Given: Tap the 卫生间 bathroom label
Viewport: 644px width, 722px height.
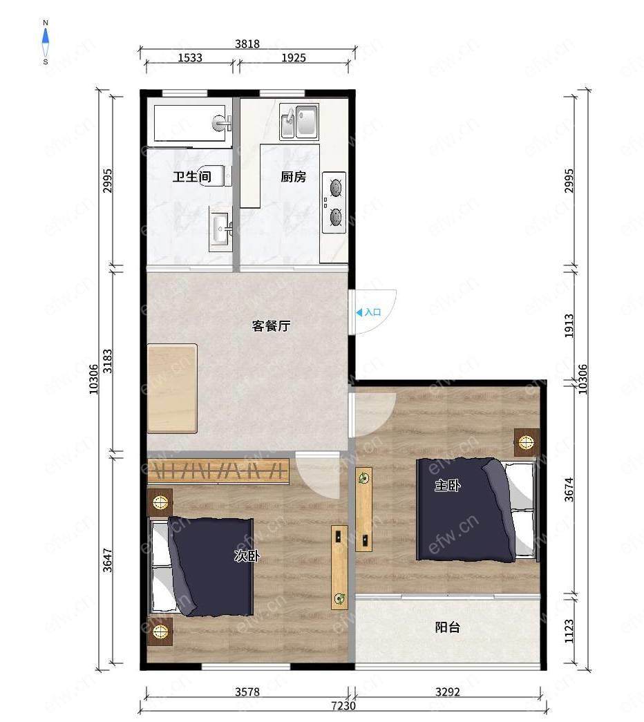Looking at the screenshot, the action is pyautogui.click(x=191, y=176).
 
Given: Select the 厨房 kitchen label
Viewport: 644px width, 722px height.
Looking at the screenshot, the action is pyautogui.click(x=294, y=176).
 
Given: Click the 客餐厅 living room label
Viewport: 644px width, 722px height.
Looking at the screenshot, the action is pyautogui.click(x=272, y=325).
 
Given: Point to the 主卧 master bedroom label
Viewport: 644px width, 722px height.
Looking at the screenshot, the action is pyautogui.click(x=448, y=485).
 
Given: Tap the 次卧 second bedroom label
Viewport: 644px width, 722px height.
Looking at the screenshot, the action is pyautogui.click(x=247, y=555).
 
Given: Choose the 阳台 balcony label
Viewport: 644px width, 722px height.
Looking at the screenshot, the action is pyautogui.click(x=447, y=627).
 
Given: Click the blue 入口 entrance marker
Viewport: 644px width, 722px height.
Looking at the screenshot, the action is pyautogui.click(x=368, y=312).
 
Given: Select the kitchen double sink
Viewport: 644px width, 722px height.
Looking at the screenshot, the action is pyautogui.click(x=299, y=122).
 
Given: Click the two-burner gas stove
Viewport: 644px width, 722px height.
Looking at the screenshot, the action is pyautogui.click(x=334, y=202).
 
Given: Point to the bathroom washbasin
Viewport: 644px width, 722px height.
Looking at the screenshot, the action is pyautogui.click(x=222, y=229).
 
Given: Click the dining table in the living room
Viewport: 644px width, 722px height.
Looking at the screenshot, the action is pyautogui.click(x=172, y=388).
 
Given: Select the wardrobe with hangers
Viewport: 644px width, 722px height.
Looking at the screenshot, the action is pyautogui.click(x=218, y=471).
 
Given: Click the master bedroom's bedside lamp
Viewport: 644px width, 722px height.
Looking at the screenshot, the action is pyautogui.click(x=527, y=442).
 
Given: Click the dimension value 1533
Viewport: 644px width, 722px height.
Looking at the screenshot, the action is pyautogui.click(x=190, y=57).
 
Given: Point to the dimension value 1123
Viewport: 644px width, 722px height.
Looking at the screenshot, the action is pyautogui.click(x=569, y=631).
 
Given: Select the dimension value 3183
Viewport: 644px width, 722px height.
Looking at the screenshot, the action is pyautogui.click(x=107, y=361).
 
